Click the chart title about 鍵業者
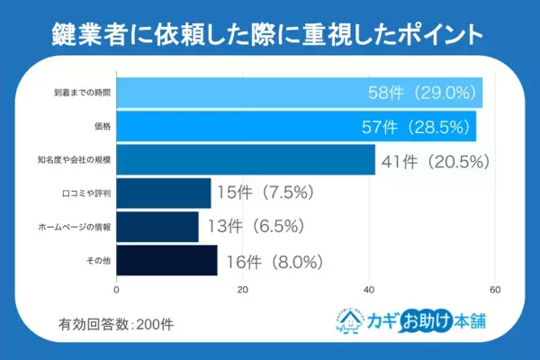pos(270,32)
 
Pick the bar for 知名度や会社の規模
pos(246,159)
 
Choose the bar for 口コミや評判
pos(164,193)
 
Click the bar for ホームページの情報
pos(157,226)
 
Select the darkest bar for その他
pos(166,259)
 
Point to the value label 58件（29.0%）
pos(424,93)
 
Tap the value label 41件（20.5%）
pos(436,162)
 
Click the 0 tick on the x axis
pos(117,290)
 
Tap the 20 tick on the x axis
pos(243,290)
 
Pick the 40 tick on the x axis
pos(369,290)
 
